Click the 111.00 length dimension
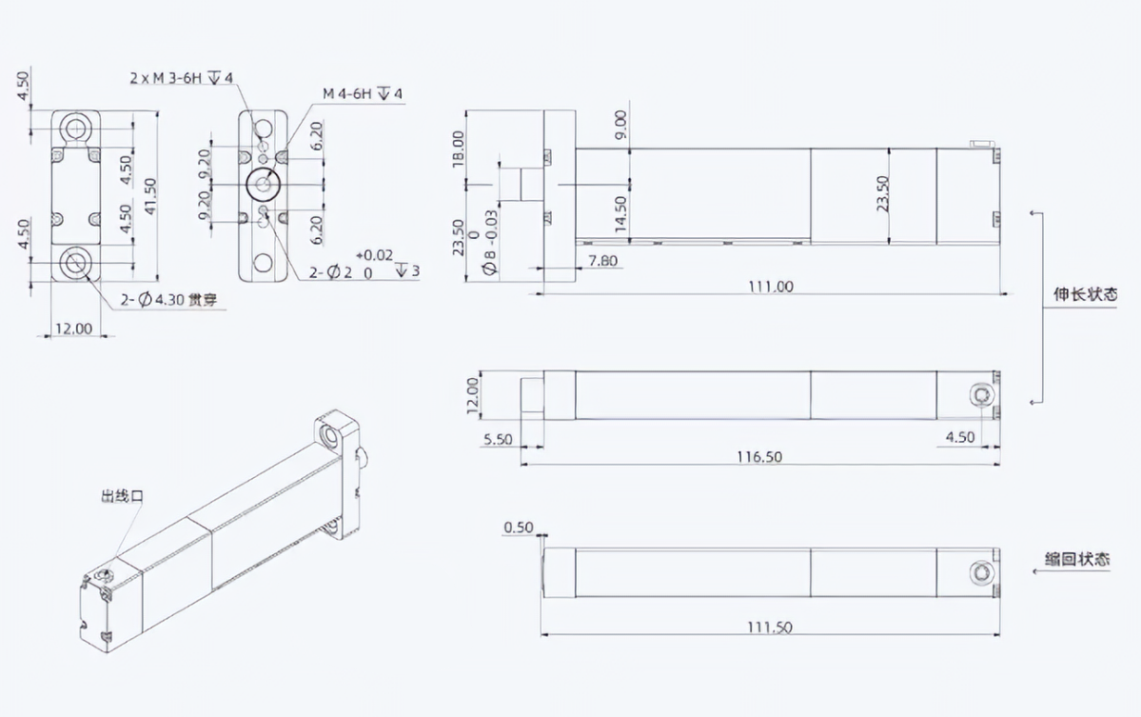[771, 286]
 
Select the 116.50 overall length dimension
[759, 456]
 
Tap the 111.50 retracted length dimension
[769, 627]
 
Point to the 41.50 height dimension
[149, 196]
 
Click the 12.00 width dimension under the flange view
[73, 329]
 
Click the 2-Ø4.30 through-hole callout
[168, 299]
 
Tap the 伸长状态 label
[1085, 294]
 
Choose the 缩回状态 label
[1077, 559]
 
